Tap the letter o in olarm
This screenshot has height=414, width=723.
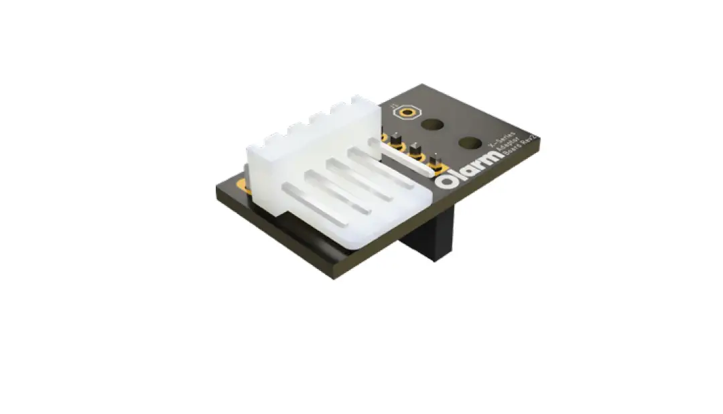[x=444, y=182]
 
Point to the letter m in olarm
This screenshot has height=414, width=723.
[x=490, y=158]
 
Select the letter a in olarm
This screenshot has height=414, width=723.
[x=462, y=172]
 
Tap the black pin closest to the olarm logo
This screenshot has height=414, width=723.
[x=436, y=162]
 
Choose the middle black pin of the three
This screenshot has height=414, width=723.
[x=416, y=150]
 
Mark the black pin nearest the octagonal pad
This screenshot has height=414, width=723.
[x=396, y=139]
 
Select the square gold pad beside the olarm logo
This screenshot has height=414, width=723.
[x=430, y=170]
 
